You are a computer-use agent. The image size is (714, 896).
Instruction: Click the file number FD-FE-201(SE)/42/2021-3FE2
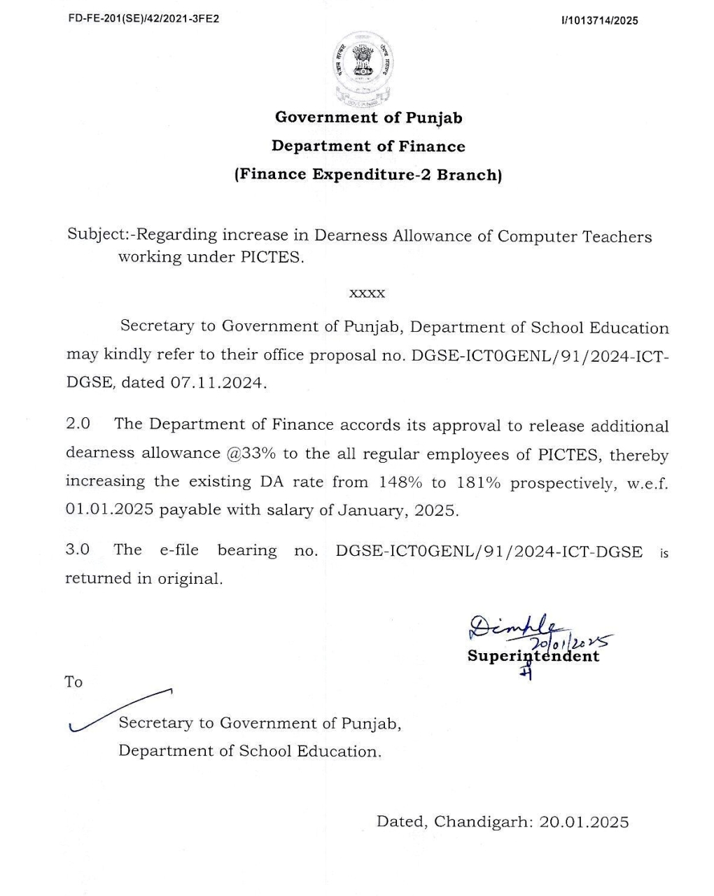143,19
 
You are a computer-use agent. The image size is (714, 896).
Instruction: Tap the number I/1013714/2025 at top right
599,21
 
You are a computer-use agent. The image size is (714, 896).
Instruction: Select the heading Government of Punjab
368,118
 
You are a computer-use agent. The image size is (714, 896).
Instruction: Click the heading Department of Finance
368,146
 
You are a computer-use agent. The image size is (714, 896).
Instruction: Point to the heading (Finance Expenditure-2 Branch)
368,175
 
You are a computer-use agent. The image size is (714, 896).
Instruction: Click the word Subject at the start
95,234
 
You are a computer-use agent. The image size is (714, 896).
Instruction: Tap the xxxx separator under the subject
367,293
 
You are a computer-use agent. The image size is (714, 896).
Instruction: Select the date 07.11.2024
218,384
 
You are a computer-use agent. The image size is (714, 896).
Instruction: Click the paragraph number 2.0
78,424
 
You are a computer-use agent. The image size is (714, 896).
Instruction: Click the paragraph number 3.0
78,549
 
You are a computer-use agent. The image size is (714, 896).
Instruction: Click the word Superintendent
533,657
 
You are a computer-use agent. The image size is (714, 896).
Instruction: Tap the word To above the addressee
73,682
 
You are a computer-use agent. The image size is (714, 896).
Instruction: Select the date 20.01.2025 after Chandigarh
584,822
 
